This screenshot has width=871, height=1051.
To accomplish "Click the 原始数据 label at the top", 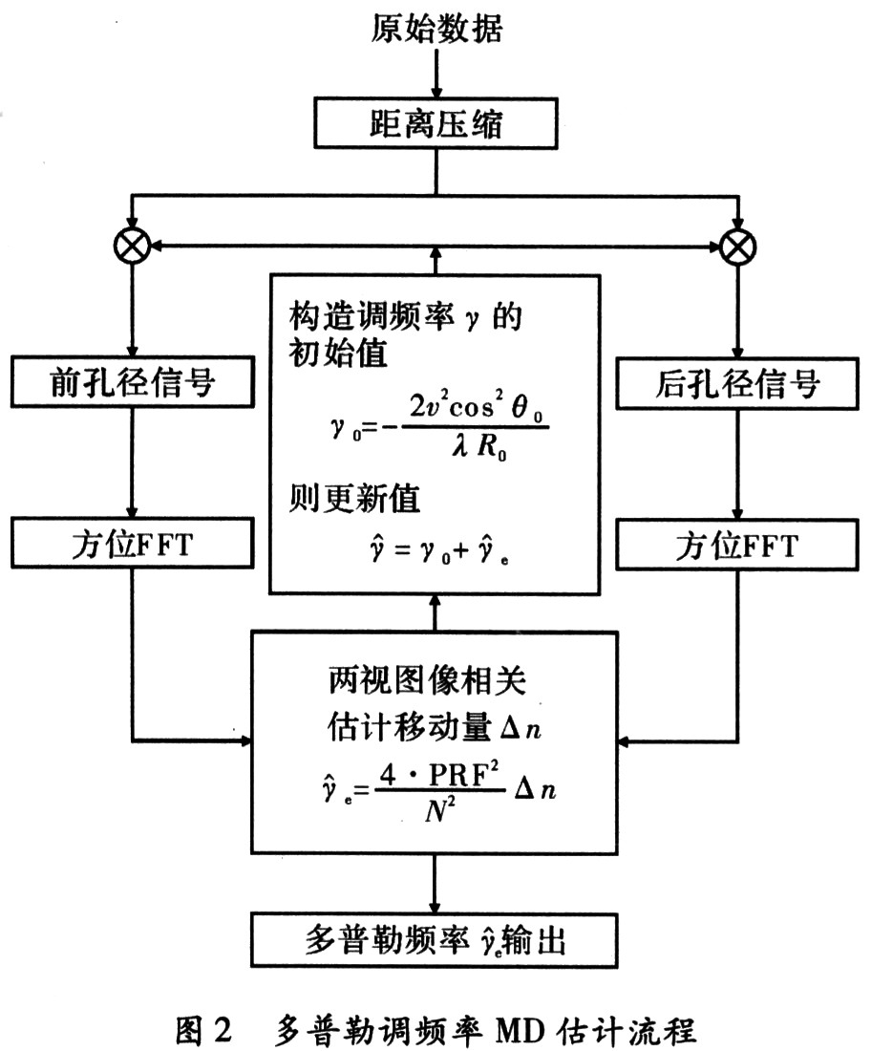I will pyautogui.click(x=435, y=30).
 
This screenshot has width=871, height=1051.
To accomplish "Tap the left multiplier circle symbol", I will pyautogui.click(x=131, y=247).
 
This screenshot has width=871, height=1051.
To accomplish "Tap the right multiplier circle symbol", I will pyautogui.click(x=736, y=247).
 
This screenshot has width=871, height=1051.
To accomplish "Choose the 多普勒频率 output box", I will pyautogui.click(x=435, y=941).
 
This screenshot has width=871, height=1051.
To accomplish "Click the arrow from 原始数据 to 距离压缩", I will pyautogui.click(x=435, y=75).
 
